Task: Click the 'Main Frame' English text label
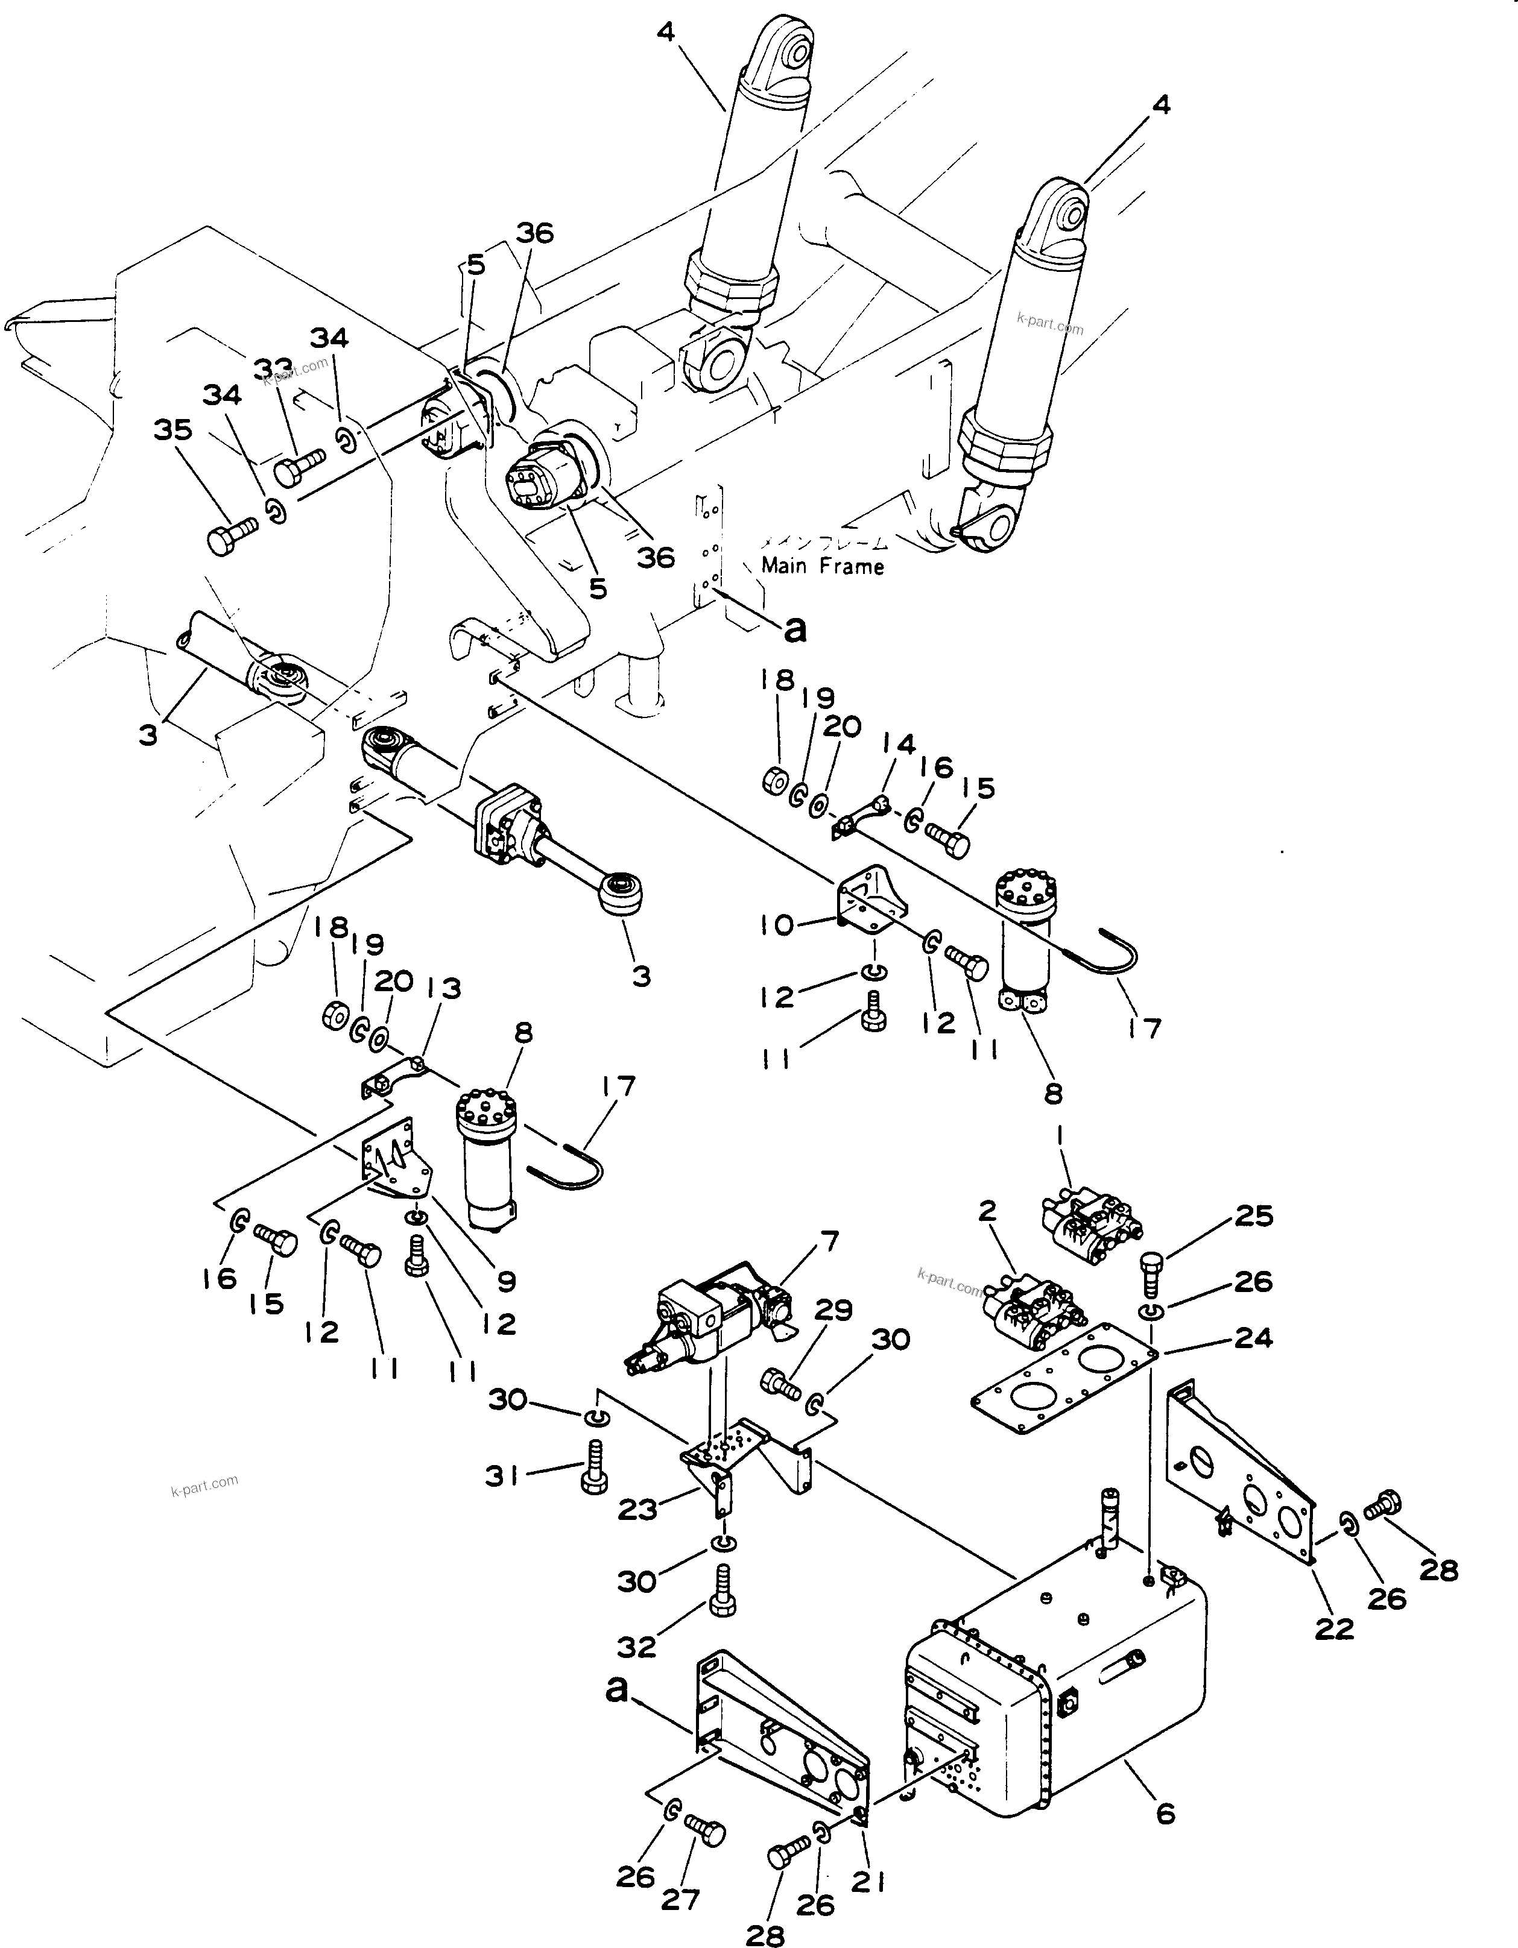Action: [822, 566]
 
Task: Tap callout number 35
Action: [173, 430]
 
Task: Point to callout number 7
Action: [829, 1241]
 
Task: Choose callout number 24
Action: [1252, 1337]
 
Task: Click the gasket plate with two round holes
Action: [1062, 1394]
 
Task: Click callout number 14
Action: [899, 744]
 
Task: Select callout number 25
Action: [1254, 1217]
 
